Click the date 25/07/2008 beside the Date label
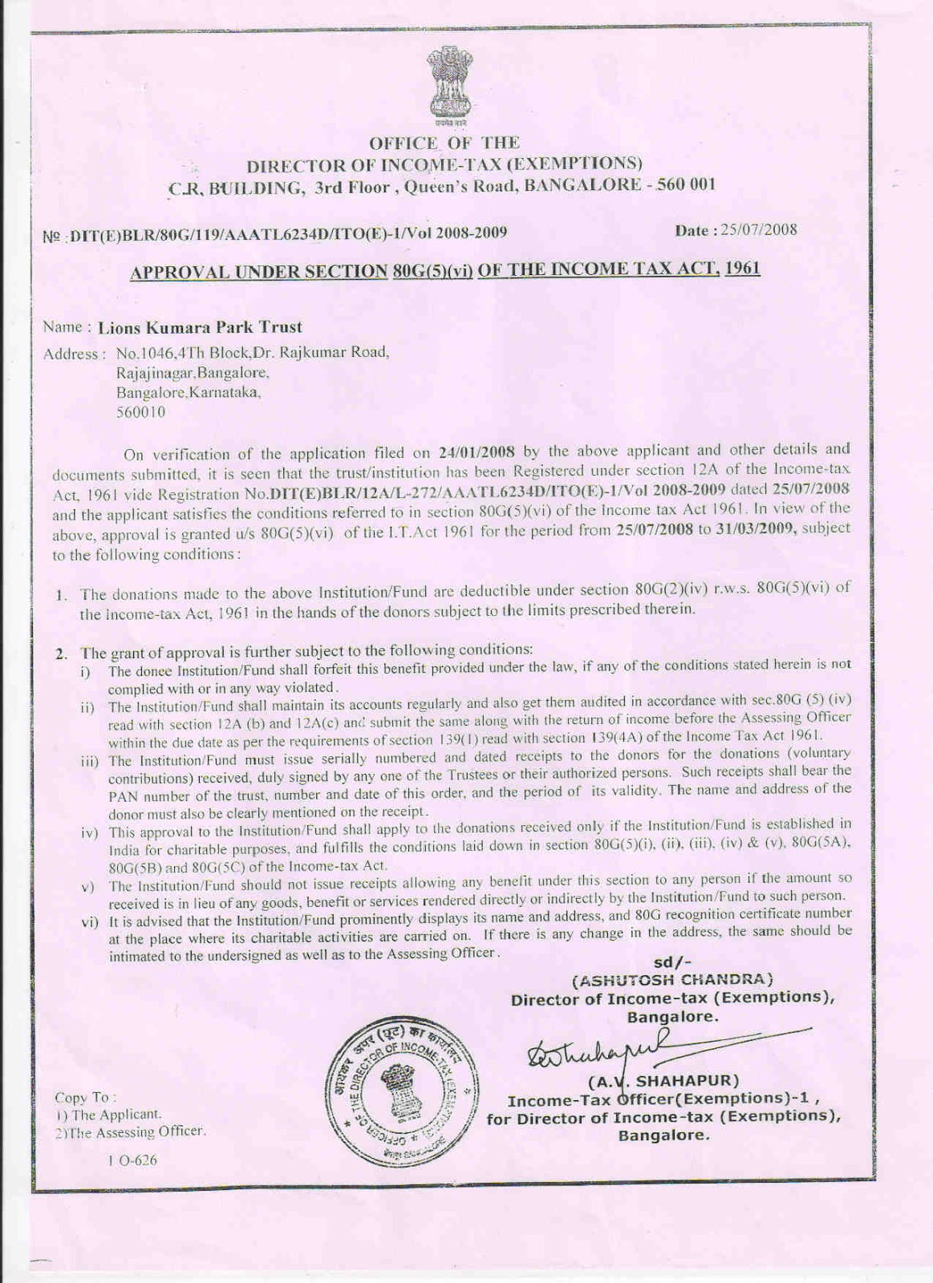tap(758, 230)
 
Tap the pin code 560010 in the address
tap(141, 413)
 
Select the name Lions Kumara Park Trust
tap(200, 327)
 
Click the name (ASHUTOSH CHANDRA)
tap(672, 979)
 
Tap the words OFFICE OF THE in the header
tap(444, 144)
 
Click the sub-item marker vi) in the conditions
tap(89, 921)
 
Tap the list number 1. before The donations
tap(61, 595)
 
